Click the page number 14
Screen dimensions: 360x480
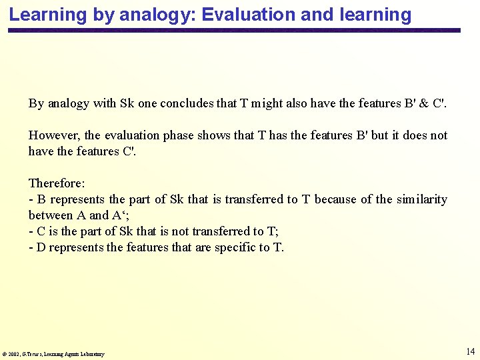[470, 351]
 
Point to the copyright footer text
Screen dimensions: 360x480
[53, 354]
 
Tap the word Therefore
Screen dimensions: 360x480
[53, 183]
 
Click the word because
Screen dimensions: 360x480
[337, 199]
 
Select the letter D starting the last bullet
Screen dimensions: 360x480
[40, 247]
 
